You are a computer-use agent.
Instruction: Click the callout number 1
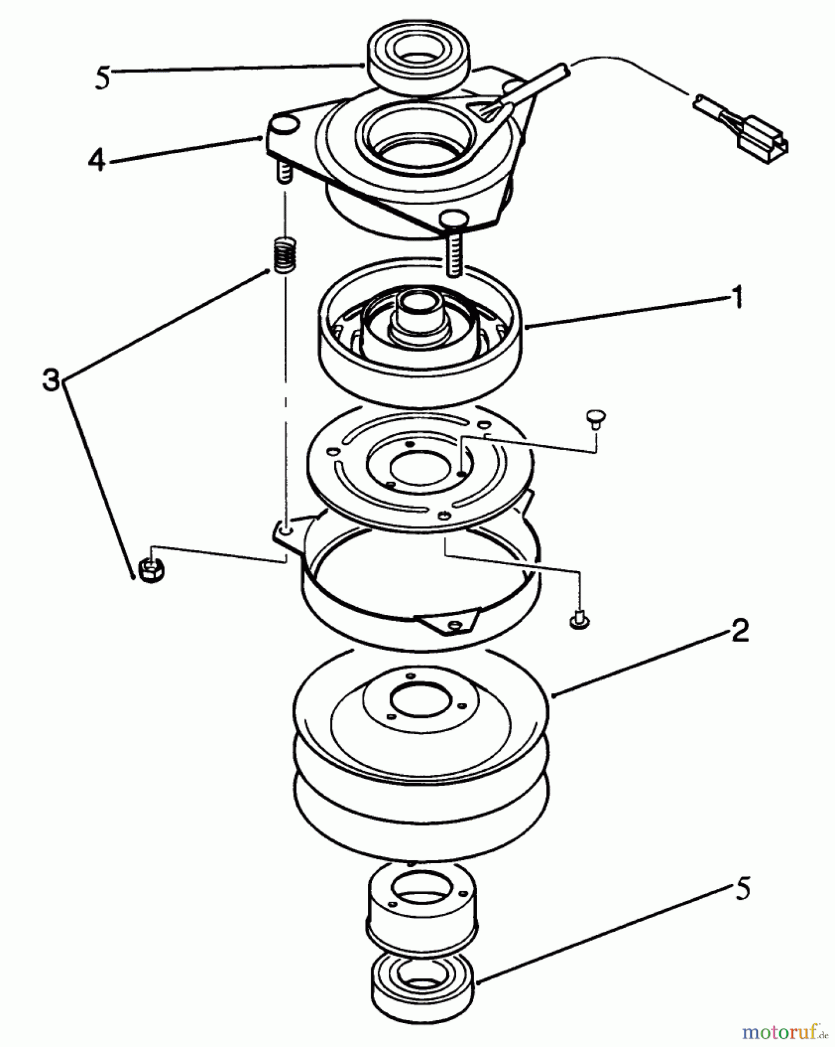tap(736, 299)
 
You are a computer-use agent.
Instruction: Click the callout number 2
tap(739, 631)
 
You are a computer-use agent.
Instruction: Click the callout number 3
tap(51, 382)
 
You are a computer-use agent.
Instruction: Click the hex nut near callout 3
tap(152, 571)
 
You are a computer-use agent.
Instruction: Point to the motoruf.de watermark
tap(784, 1032)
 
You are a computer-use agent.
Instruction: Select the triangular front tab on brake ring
tap(450, 624)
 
